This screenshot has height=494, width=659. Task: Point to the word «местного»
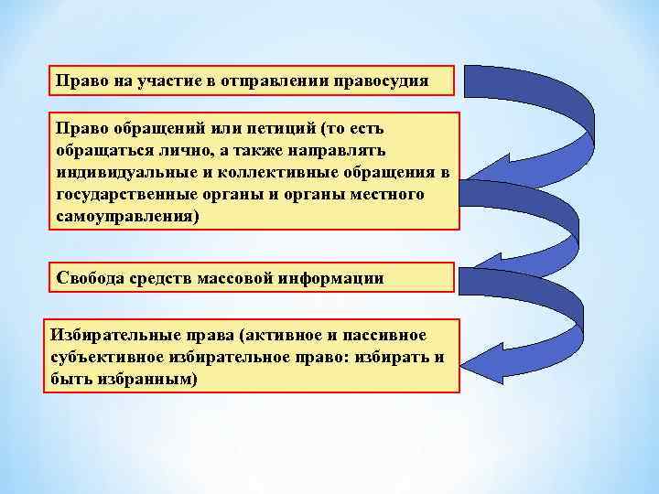(384, 195)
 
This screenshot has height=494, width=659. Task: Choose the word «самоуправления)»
(126, 217)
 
